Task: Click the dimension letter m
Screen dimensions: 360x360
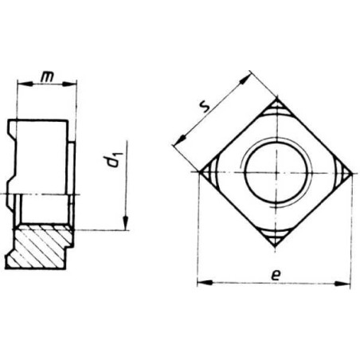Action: [47, 76]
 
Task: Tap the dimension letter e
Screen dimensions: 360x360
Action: [276, 276]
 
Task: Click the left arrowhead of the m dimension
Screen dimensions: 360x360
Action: [25, 84]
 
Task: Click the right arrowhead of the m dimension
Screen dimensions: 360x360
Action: [69, 84]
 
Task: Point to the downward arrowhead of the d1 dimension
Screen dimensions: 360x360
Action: [126, 223]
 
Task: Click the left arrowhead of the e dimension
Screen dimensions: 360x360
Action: [205, 283]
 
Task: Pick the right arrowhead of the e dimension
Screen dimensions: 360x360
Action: [342, 284]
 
